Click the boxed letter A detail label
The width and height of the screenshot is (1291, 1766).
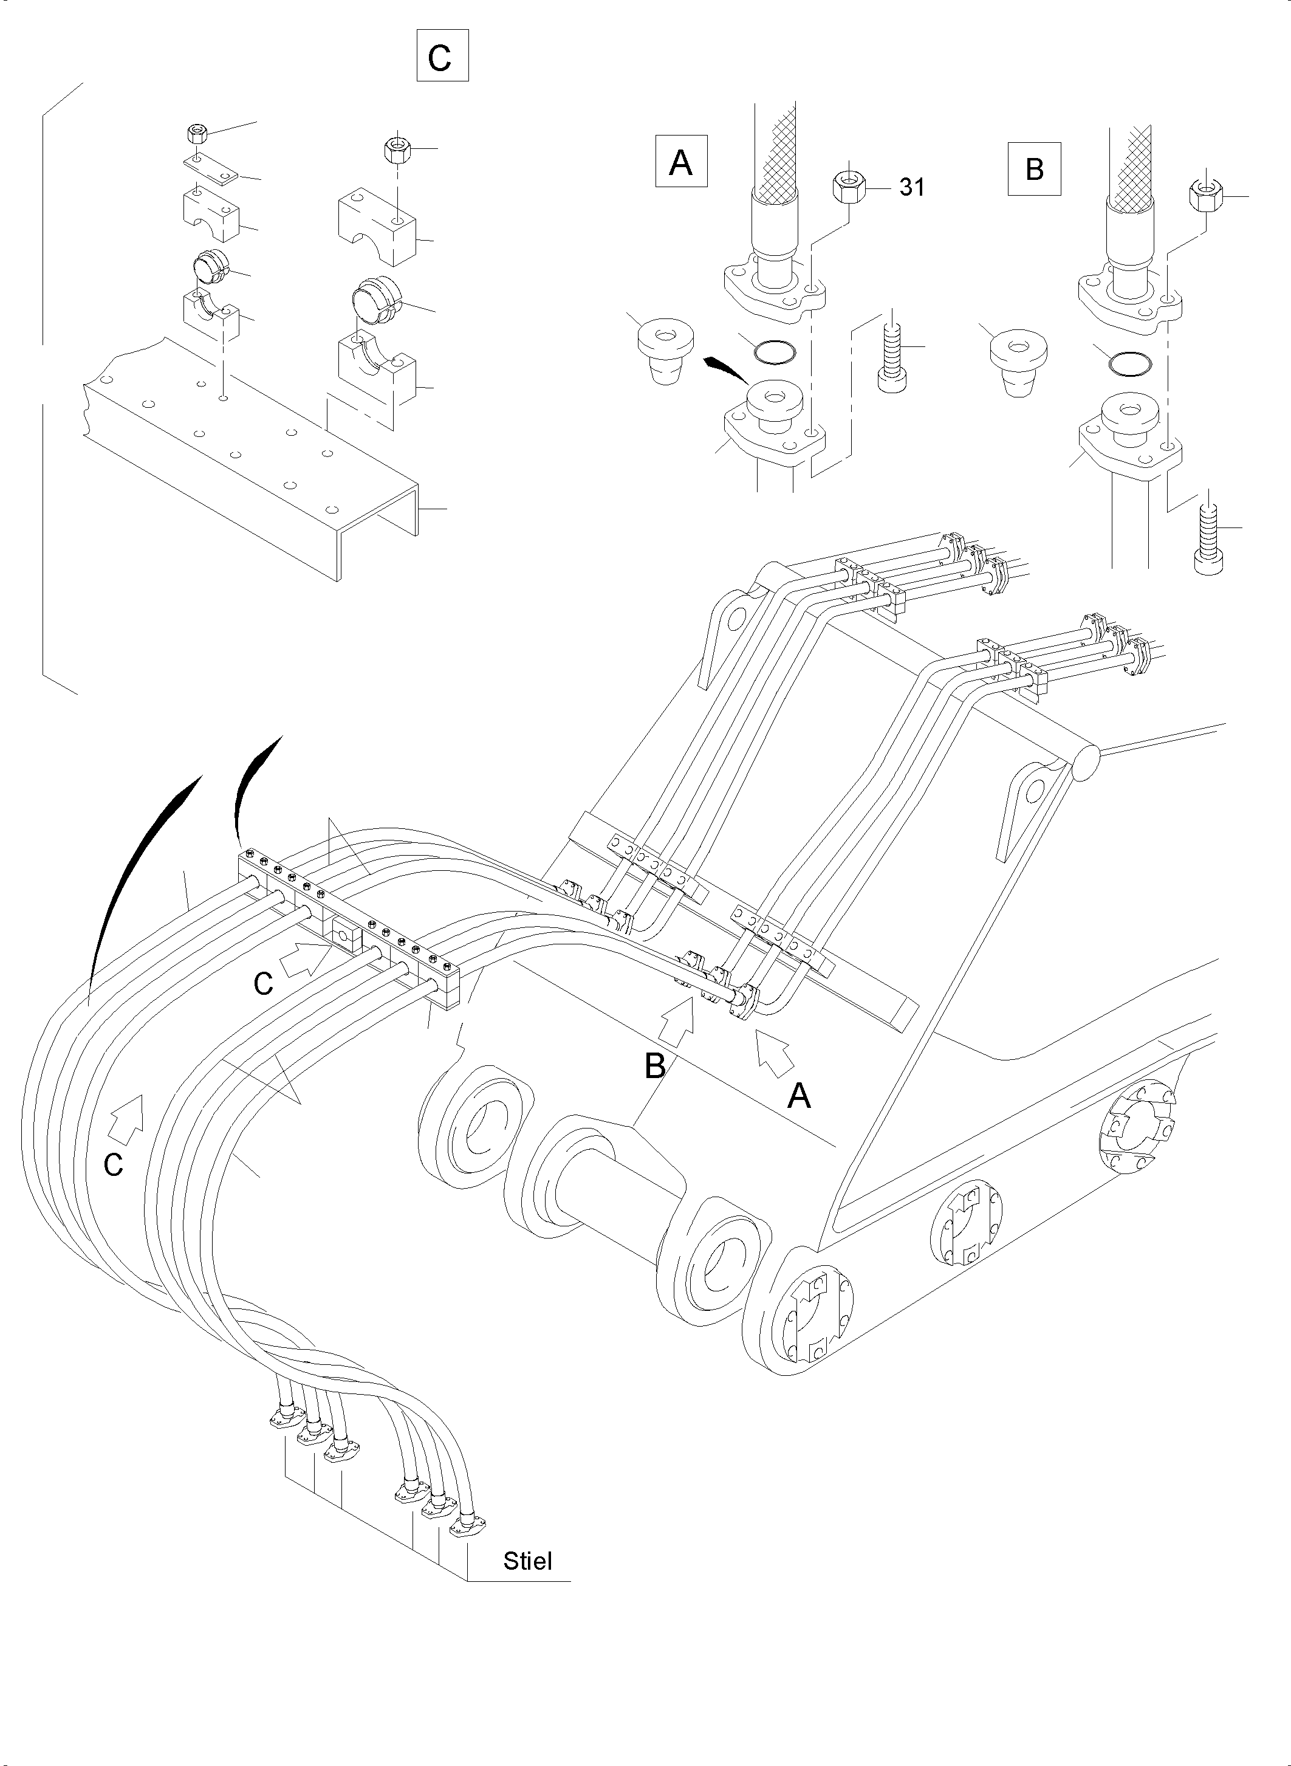(680, 162)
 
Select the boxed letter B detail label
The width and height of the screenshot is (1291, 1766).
(1033, 169)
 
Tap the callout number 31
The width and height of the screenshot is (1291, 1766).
(911, 188)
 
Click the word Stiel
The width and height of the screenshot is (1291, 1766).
(527, 1561)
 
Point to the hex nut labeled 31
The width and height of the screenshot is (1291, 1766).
(846, 187)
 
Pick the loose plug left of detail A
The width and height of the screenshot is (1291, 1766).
(664, 350)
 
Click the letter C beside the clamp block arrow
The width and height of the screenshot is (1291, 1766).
(262, 983)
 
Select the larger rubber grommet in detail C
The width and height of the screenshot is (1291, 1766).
(374, 303)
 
